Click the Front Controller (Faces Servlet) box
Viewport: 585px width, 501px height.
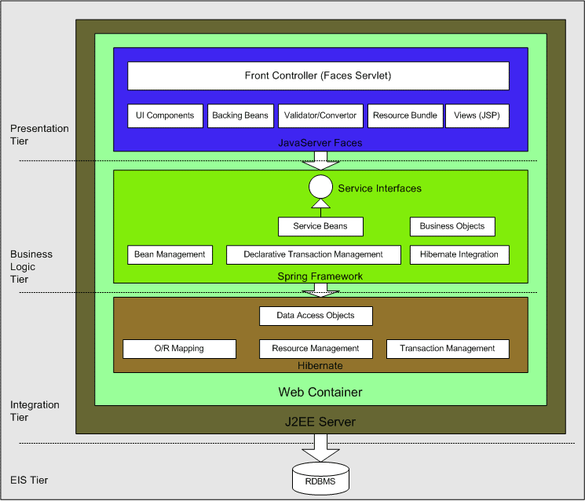(x=318, y=76)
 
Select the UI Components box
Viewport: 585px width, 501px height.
(x=165, y=115)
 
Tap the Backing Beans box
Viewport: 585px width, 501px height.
(x=240, y=115)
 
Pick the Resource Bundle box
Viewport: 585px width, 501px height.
(x=405, y=115)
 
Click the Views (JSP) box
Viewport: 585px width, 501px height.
(x=477, y=115)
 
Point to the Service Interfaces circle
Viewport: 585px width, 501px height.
(x=320, y=188)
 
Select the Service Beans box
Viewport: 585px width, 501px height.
(x=320, y=226)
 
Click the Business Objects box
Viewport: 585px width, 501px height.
(x=452, y=226)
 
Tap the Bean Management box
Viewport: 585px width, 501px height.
(x=170, y=254)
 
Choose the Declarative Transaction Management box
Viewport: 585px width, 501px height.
(x=313, y=254)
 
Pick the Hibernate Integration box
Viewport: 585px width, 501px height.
(x=459, y=254)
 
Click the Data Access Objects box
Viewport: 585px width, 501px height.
(x=316, y=316)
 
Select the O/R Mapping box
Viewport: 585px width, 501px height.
(x=179, y=349)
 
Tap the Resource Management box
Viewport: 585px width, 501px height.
(x=316, y=349)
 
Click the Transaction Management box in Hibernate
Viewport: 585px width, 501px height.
(x=448, y=349)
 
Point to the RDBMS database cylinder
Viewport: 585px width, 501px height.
(x=320, y=479)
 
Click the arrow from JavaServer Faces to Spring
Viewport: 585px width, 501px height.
(x=320, y=161)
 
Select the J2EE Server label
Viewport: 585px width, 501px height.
(x=320, y=422)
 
